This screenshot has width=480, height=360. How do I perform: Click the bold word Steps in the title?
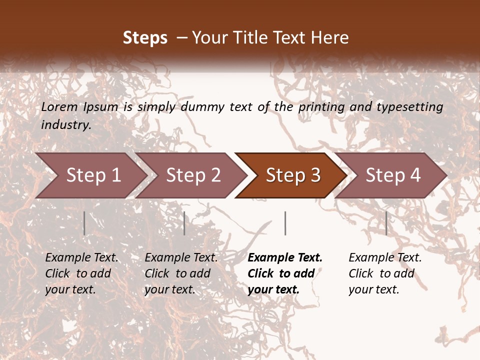click(x=145, y=38)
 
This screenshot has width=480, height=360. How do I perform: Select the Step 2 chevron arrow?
click(x=193, y=175)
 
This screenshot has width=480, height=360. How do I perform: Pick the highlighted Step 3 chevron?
click(x=293, y=175)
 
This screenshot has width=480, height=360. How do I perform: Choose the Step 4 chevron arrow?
click(x=393, y=175)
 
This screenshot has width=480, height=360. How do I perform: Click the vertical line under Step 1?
click(x=84, y=223)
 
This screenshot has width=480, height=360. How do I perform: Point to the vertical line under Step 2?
click(x=184, y=223)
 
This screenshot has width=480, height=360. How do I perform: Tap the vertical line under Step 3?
click(x=285, y=223)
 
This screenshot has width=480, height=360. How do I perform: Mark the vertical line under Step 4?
click(x=386, y=223)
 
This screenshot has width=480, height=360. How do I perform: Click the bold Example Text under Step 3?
click(x=285, y=273)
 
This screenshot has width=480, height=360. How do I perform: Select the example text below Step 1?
click(x=81, y=273)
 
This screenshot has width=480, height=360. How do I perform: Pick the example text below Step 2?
click(x=181, y=273)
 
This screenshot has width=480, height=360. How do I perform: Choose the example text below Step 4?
click(x=385, y=273)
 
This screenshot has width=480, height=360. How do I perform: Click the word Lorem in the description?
click(x=59, y=106)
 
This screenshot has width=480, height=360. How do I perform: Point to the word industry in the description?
click(x=65, y=124)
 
